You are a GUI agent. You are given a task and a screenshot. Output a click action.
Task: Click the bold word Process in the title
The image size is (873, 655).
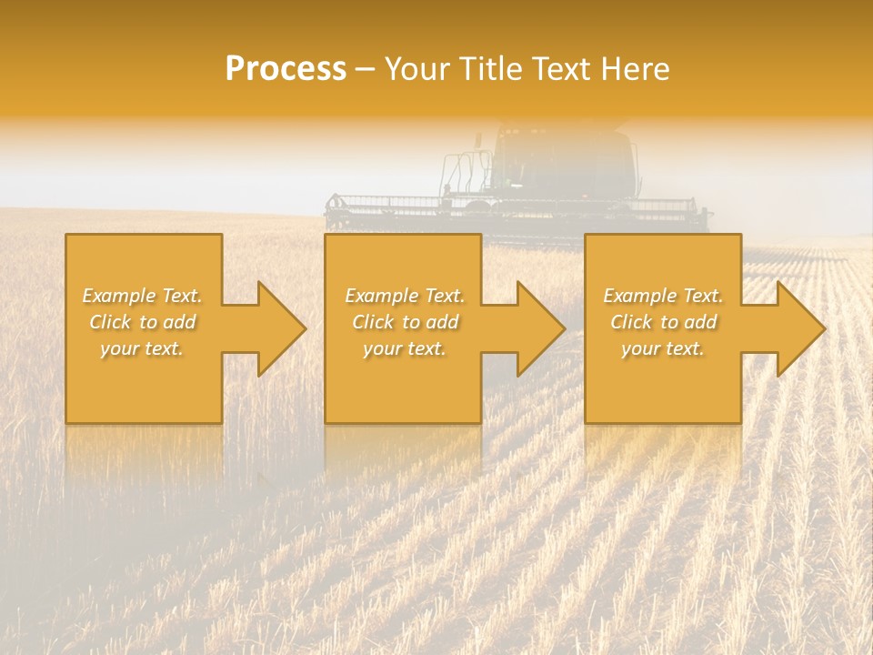(x=286, y=69)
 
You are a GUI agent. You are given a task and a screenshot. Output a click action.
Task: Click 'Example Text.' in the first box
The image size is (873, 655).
(x=142, y=296)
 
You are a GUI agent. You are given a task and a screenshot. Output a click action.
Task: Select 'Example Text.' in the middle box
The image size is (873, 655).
(x=404, y=296)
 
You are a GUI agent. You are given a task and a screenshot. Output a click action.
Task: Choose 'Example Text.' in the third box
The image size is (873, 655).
(x=663, y=296)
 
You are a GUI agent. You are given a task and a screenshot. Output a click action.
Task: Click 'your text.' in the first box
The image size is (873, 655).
(x=142, y=348)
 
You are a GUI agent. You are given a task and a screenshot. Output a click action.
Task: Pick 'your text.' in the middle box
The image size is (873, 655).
(x=404, y=348)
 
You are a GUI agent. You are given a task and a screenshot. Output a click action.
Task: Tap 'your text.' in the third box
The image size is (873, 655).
(x=663, y=348)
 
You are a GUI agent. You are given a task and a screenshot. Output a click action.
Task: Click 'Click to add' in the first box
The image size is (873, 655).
(x=142, y=322)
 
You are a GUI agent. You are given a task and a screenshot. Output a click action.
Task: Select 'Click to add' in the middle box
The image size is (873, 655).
(x=404, y=322)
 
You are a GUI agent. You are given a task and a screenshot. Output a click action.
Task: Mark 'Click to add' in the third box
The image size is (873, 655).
(x=663, y=322)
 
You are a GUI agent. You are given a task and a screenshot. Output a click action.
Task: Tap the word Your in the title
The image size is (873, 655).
(x=416, y=69)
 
